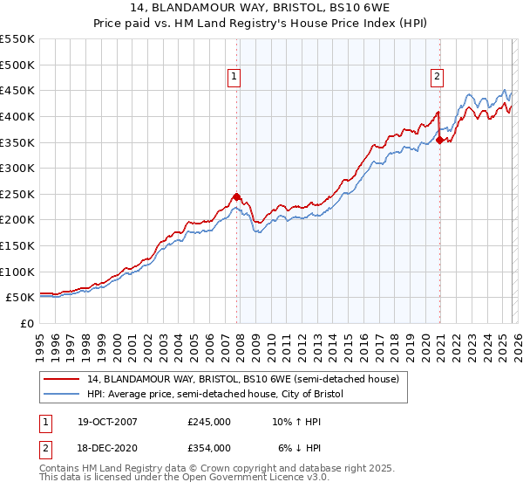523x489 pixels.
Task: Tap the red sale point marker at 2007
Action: click(x=237, y=196)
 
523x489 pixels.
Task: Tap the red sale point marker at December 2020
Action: click(x=440, y=140)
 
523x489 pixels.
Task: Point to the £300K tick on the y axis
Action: click(x=17, y=168)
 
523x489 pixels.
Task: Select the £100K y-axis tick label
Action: click(x=17, y=272)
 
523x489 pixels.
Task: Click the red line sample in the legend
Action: click(x=63, y=379)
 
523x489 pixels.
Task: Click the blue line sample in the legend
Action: click(x=63, y=395)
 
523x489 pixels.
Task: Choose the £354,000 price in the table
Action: click(x=209, y=447)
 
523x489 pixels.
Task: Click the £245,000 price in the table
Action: click(x=209, y=422)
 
